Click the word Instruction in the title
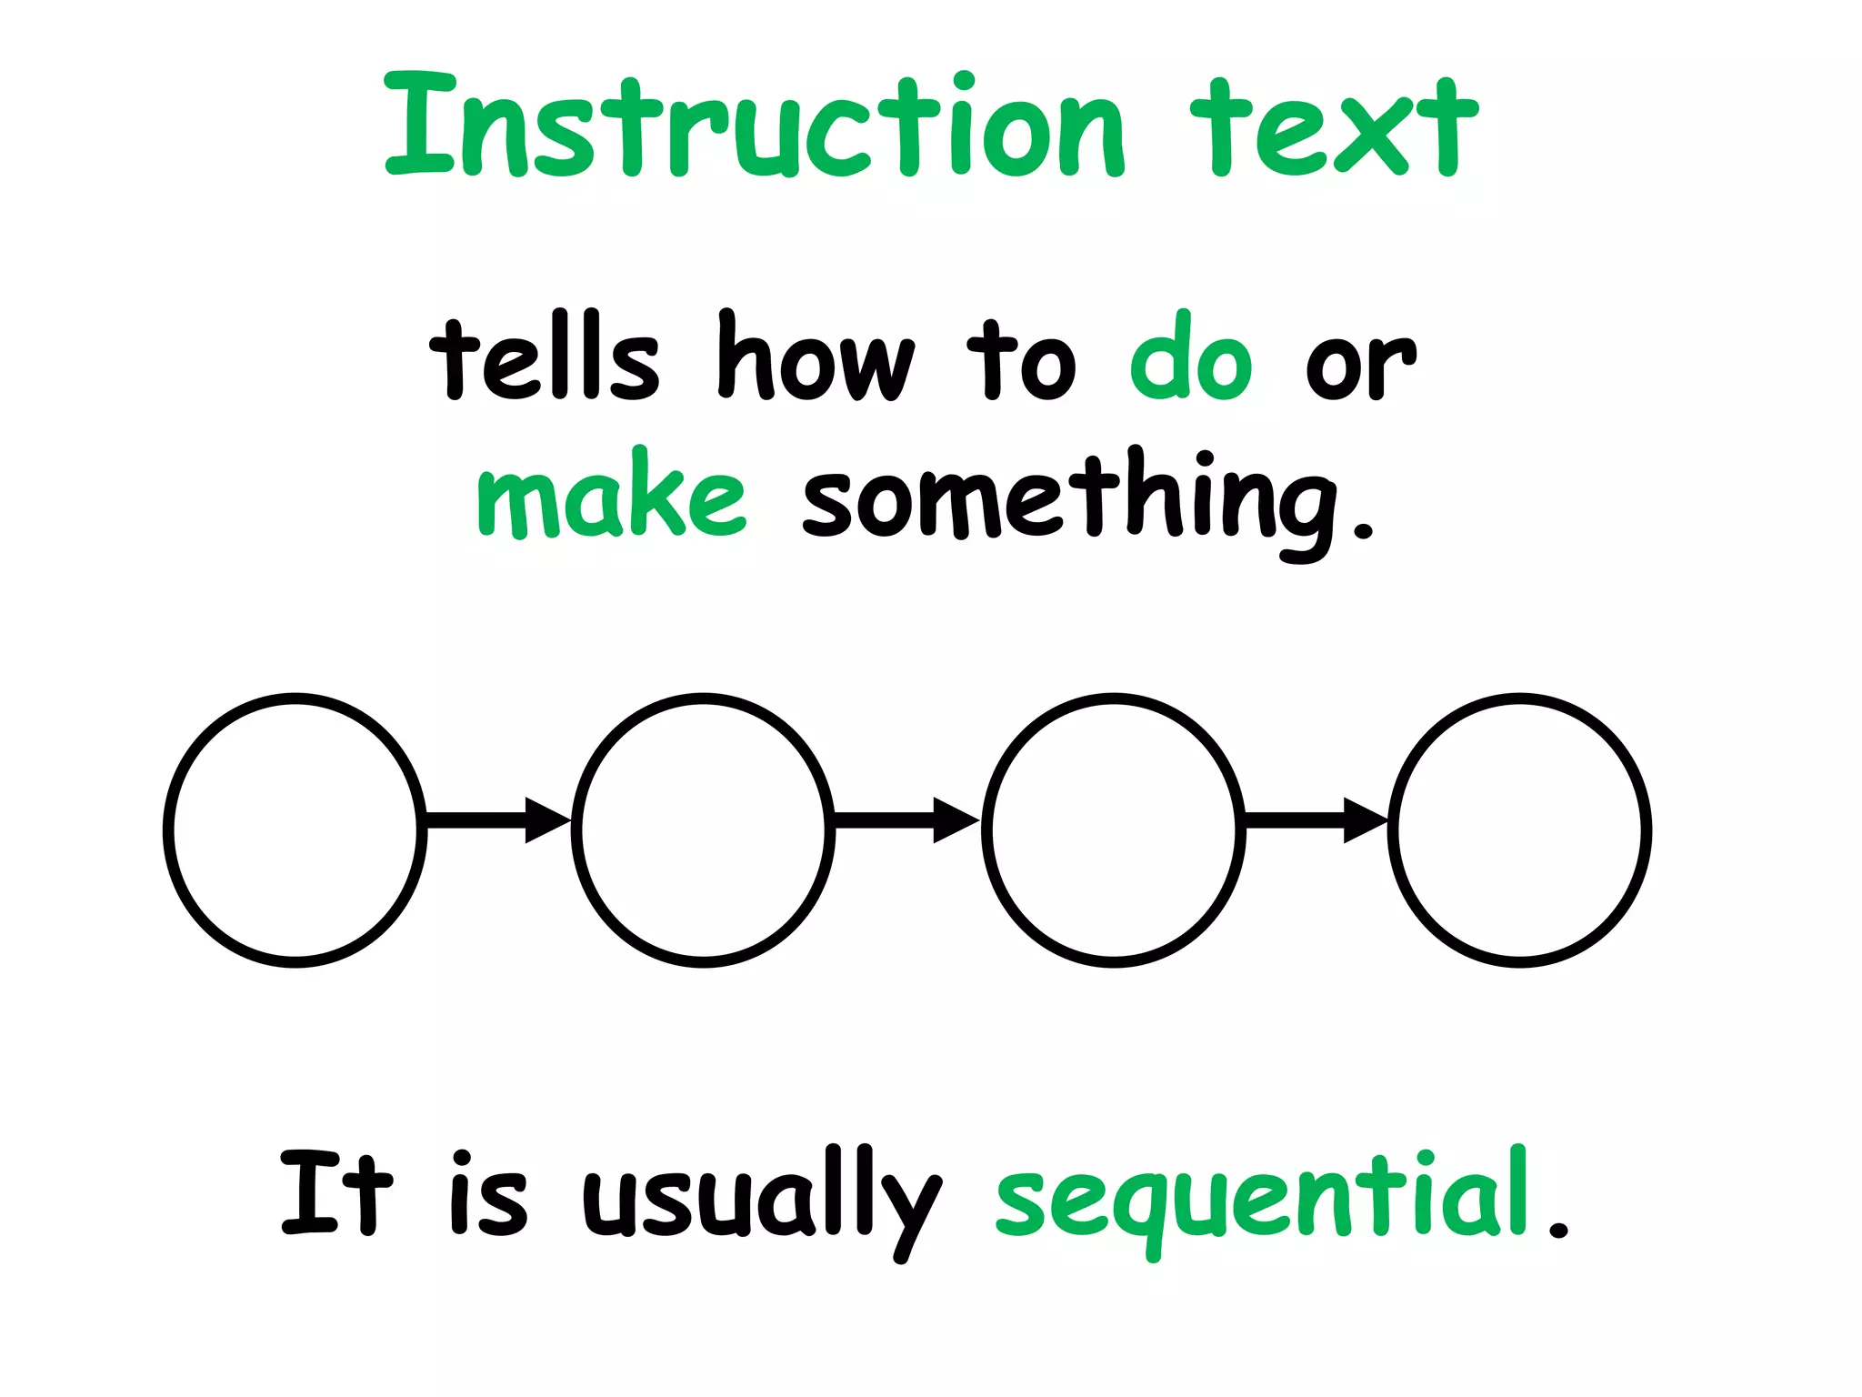(x=755, y=127)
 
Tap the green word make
(x=611, y=496)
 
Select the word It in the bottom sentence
(x=335, y=1192)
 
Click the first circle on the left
(x=295, y=829)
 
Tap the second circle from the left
(x=703, y=829)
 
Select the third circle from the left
(x=1113, y=829)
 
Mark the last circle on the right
(x=1519, y=829)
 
